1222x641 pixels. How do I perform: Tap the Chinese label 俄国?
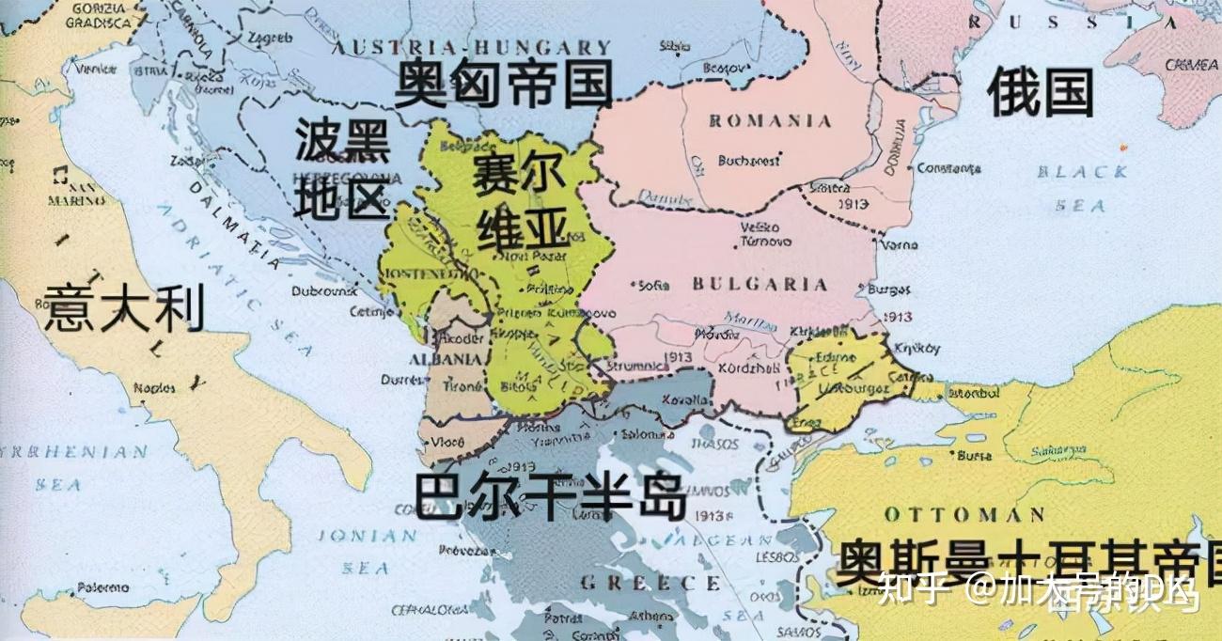point(1041,94)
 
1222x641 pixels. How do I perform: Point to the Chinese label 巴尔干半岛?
point(550,496)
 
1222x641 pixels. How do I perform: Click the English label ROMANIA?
point(770,121)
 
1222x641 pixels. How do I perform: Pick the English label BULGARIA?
point(760,284)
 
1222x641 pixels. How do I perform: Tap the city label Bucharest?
point(748,161)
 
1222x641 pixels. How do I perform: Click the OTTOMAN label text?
point(964,514)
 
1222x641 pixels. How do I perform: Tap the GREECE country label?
point(636,583)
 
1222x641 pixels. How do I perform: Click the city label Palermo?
point(103,586)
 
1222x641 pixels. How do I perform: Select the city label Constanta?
point(948,168)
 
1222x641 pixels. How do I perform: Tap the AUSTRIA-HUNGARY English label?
point(473,47)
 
